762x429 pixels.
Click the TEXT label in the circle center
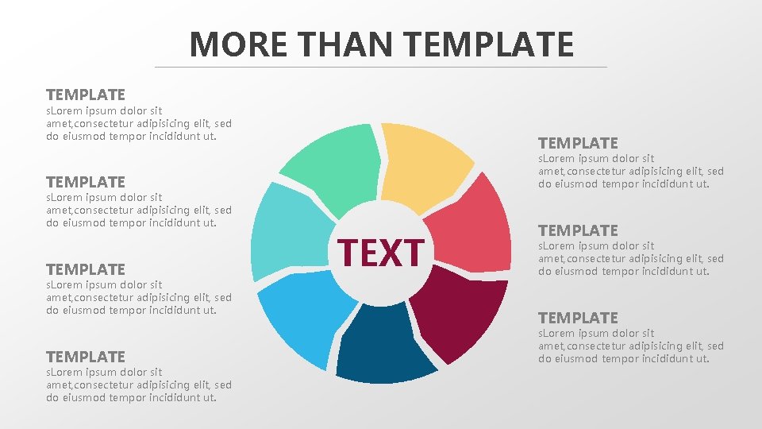tap(382, 253)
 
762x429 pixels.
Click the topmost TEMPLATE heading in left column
tap(86, 95)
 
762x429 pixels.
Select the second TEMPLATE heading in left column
tap(86, 182)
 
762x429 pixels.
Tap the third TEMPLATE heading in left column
tap(86, 269)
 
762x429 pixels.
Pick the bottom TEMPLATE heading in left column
tap(86, 357)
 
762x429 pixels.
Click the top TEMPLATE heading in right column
tap(578, 143)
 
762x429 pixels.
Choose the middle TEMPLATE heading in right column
tap(578, 230)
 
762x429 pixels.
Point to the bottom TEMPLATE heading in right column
tap(578, 318)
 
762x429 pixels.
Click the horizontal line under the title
tap(381, 67)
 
